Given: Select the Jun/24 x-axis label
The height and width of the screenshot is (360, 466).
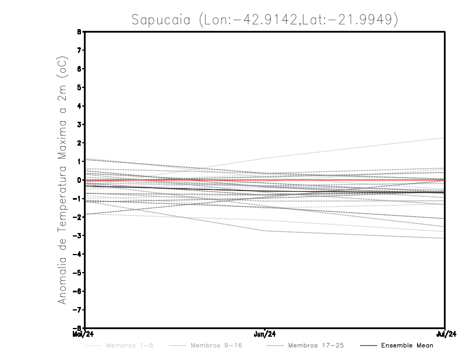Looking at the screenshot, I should point(265,334).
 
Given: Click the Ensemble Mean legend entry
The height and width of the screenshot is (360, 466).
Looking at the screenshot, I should point(407,345).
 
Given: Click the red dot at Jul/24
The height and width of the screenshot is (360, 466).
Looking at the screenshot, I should point(444,180).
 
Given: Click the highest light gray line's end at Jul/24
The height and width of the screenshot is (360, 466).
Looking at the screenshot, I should point(444,138).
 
